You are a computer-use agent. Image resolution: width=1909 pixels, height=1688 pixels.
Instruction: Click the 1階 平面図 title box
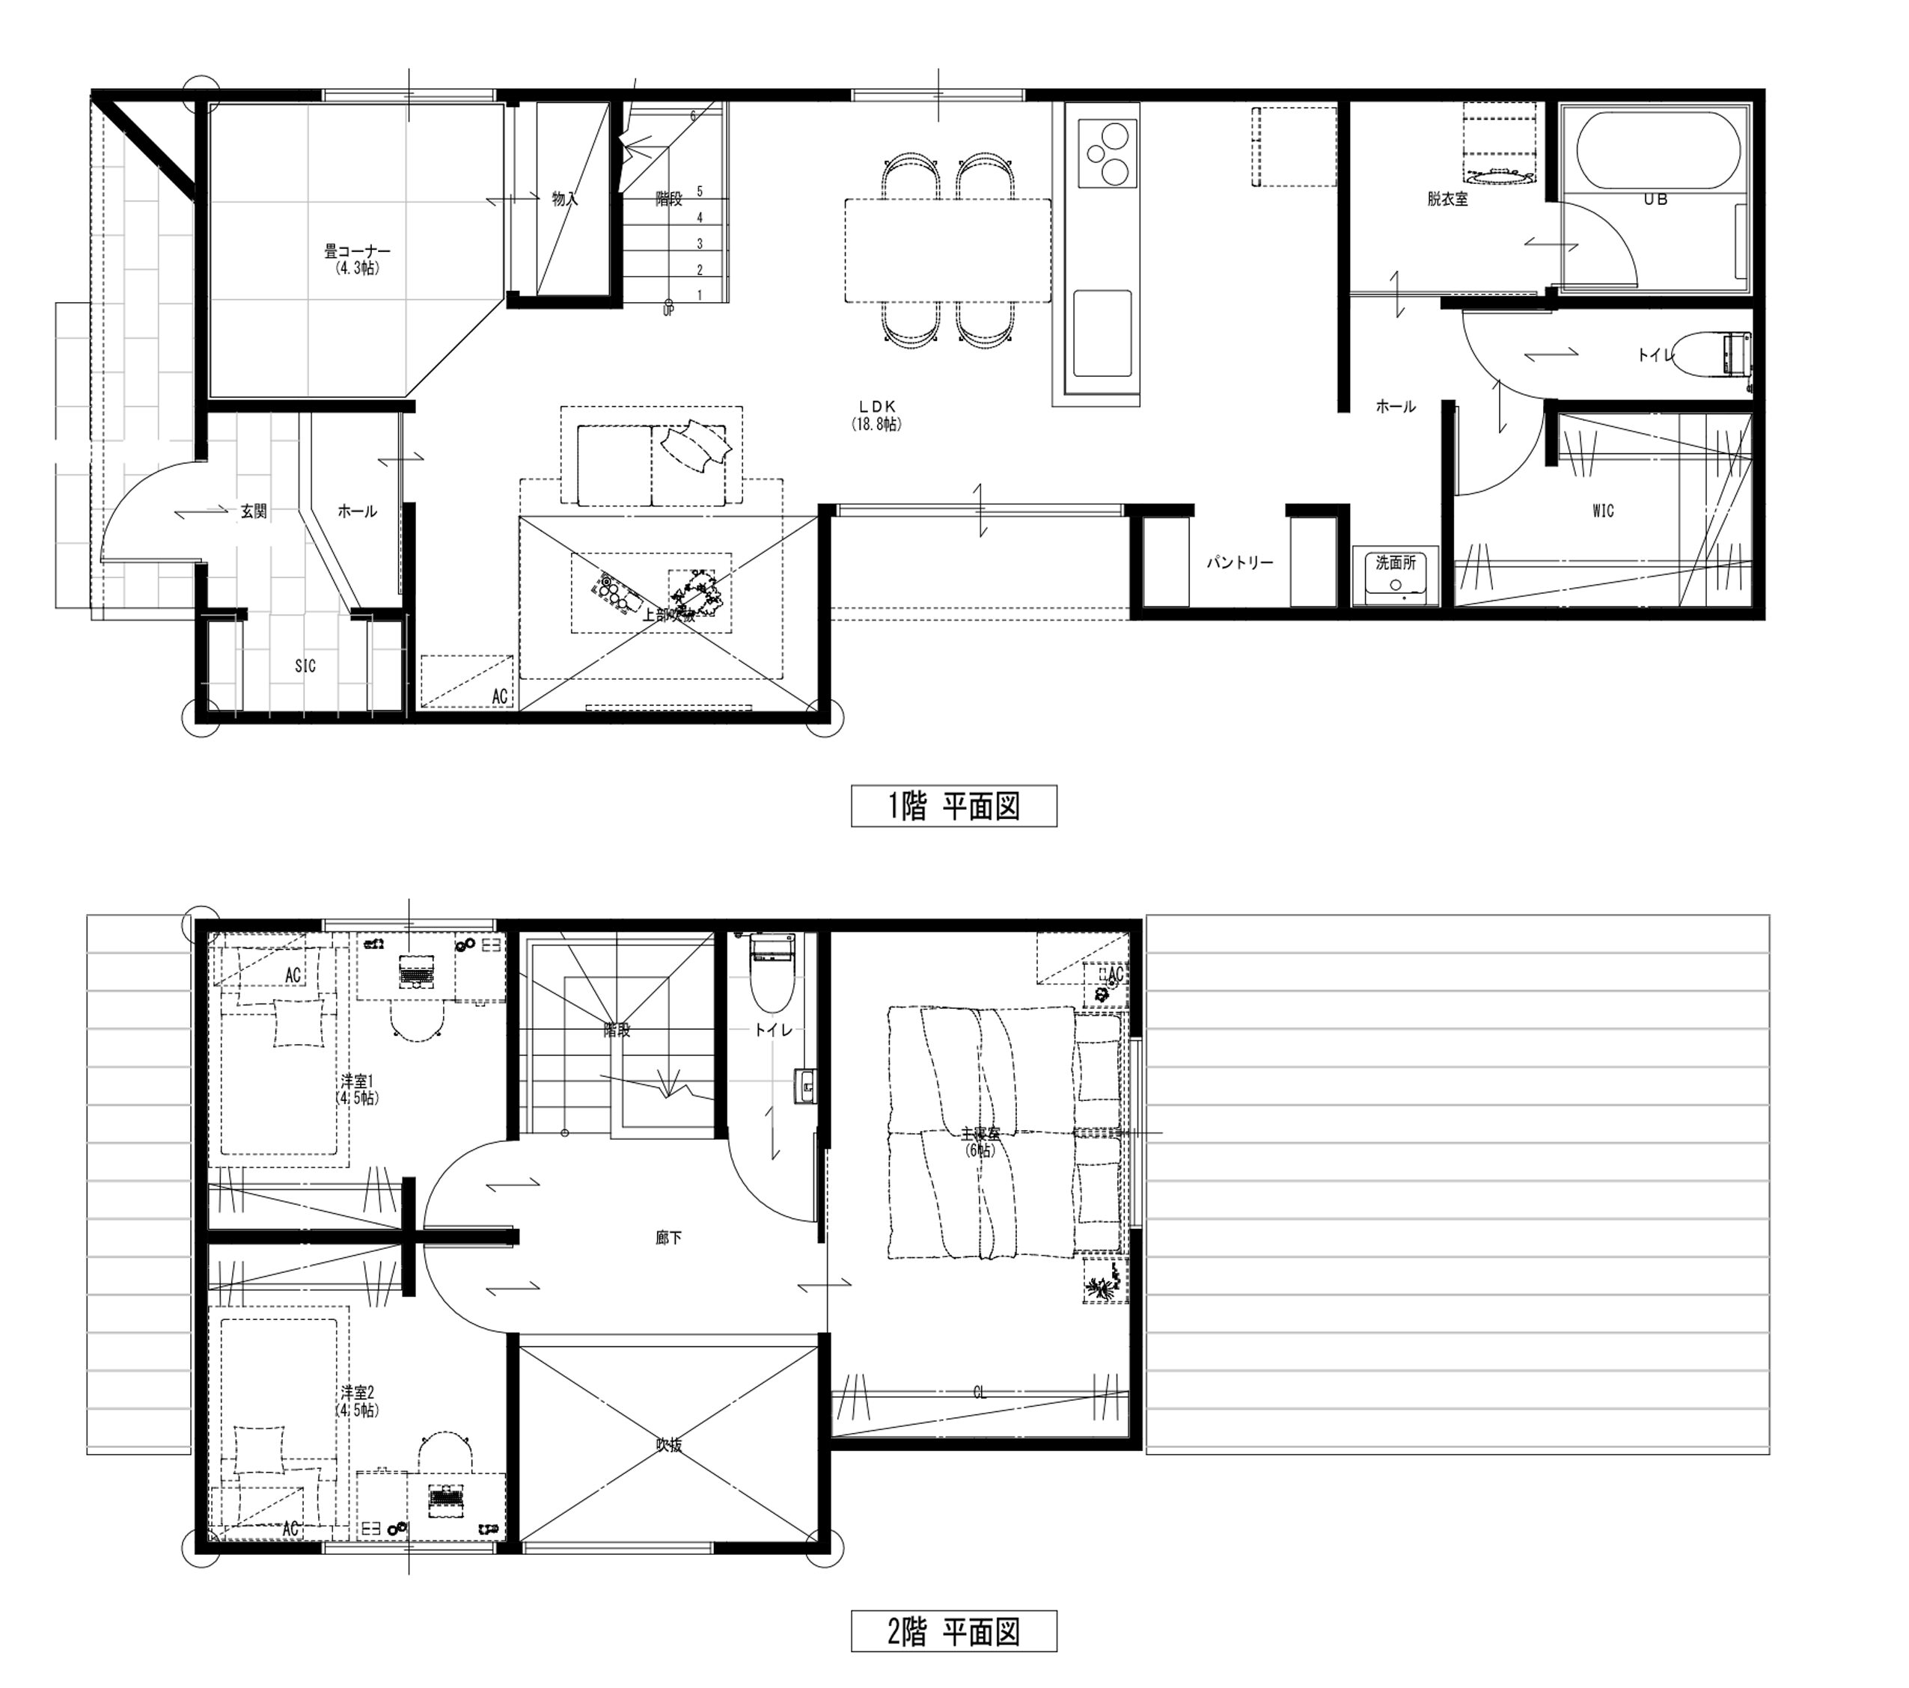[x=953, y=807]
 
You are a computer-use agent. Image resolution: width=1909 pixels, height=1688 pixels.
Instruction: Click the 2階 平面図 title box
[x=953, y=1631]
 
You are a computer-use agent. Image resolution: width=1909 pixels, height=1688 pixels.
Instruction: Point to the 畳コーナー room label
[x=357, y=252]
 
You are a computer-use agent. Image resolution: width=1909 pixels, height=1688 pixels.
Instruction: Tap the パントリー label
[x=1239, y=563]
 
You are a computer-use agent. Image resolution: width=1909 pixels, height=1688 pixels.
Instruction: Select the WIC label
[x=1603, y=511]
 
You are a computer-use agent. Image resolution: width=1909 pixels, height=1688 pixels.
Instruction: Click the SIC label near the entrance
[x=305, y=666]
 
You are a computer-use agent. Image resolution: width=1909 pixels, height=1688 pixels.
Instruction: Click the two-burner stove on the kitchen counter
[x=1108, y=153]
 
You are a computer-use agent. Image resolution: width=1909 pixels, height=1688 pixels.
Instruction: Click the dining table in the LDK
[x=948, y=251]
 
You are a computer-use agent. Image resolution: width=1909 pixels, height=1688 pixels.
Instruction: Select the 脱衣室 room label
[x=1447, y=199]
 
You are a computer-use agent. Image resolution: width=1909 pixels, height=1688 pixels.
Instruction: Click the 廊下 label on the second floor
[x=669, y=1238]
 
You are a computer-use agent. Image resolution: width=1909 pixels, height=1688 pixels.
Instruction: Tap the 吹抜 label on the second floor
[x=669, y=1445]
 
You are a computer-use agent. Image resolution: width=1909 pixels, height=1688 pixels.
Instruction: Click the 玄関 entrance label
[x=254, y=512]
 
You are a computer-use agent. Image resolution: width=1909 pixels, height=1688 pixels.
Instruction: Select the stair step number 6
[x=693, y=116]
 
